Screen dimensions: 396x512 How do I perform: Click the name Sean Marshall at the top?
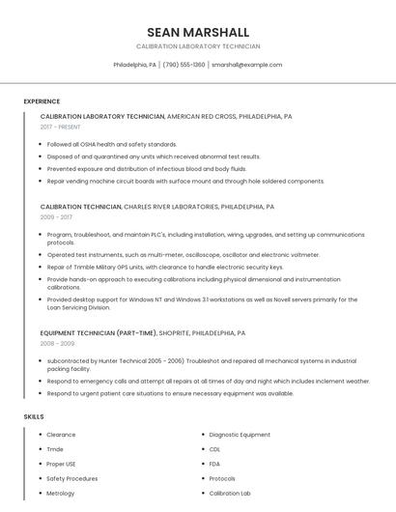pyautogui.click(x=197, y=32)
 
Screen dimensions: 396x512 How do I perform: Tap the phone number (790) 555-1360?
pyautogui.click(x=184, y=65)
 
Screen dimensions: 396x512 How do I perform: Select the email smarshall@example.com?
pyautogui.click(x=246, y=65)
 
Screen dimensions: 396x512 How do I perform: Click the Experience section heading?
pyautogui.click(x=42, y=101)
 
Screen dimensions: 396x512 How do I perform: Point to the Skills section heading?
pyautogui.click(x=34, y=416)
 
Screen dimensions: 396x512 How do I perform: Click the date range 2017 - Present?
pyautogui.click(x=61, y=127)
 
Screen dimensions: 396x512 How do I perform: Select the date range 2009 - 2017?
pyautogui.click(x=56, y=216)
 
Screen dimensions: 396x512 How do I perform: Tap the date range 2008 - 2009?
pyautogui.click(x=57, y=343)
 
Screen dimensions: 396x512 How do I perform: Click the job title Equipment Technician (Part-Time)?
pyautogui.click(x=99, y=332)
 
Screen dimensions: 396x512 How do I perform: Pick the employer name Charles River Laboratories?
pyautogui.click(x=171, y=206)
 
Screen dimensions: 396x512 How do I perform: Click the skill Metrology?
pyautogui.click(x=61, y=493)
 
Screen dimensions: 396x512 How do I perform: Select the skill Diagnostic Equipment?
pyautogui.click(x=240, y=435)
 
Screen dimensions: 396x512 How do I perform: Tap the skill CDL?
pyautogui.click(x=214, y=449)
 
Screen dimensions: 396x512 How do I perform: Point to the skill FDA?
pyautogui.click(x=214, y=464)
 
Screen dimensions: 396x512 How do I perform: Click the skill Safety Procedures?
pyautogui.click(x=71, y=478)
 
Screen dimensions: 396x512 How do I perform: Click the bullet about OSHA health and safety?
pyautogui.click(x=111, y=144)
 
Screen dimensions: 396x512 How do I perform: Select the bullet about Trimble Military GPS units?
pyautogui.click(x=165, y=267)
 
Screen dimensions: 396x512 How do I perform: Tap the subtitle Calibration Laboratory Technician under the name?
pyautogui.click(x=197, y=46)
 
